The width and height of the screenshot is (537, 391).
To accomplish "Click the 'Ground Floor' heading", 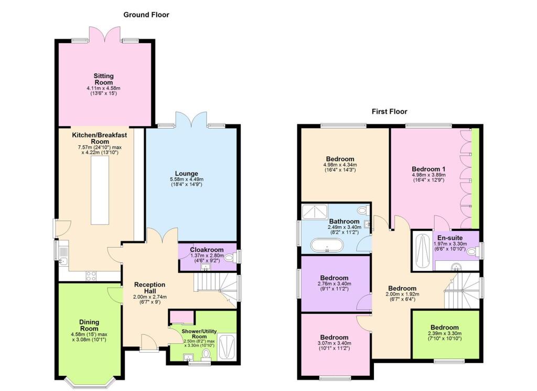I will click(x=146, y=15).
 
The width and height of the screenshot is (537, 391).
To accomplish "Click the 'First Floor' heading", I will click(x=389, y=111).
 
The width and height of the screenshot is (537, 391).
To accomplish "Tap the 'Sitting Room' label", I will click(x=103, y=79).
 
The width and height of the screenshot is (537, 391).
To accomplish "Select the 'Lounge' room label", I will click(x=186, y=173).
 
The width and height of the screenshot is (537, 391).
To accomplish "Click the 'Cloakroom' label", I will click(x=207, y=250).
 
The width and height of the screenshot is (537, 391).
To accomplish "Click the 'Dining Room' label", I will click(x=89, y=325).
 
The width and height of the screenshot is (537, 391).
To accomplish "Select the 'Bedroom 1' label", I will click(x=429, y=168).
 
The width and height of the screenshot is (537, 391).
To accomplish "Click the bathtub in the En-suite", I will click(x=421, y=250).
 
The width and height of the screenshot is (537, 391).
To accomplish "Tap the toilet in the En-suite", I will click(x=472, y=252).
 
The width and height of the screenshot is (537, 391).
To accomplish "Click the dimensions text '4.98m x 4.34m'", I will click(x=340, y=165).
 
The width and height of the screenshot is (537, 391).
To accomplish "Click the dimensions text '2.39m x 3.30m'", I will click(x=445, y=334).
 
